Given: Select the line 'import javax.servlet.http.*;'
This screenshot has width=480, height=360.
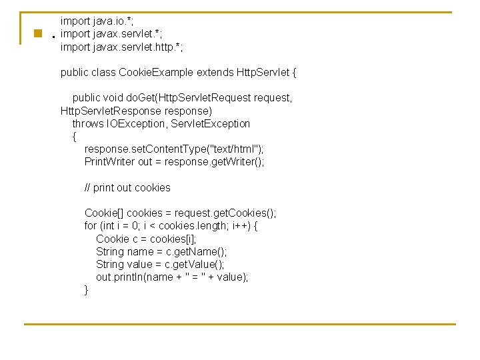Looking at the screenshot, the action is point(121,47).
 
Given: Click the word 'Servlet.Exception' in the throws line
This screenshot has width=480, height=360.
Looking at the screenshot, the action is point(211,123).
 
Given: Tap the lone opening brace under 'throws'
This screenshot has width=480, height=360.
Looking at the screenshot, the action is point(74,137).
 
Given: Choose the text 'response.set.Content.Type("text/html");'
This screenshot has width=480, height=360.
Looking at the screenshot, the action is point(174,149).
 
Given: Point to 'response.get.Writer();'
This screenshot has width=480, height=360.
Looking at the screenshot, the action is point(215,162).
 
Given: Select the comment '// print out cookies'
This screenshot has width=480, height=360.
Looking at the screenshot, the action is point(127,187).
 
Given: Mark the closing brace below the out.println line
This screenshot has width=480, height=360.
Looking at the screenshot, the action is point(86,290).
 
